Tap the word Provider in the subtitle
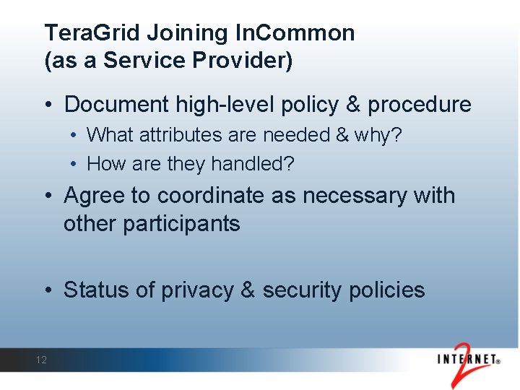[249, 61]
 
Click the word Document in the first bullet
[117, 105]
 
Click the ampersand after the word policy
[353, 105]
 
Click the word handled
[251, 165]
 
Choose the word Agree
[91, 196]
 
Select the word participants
[181, 224]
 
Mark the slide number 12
[41, 360]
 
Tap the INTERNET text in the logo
[469, 359]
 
